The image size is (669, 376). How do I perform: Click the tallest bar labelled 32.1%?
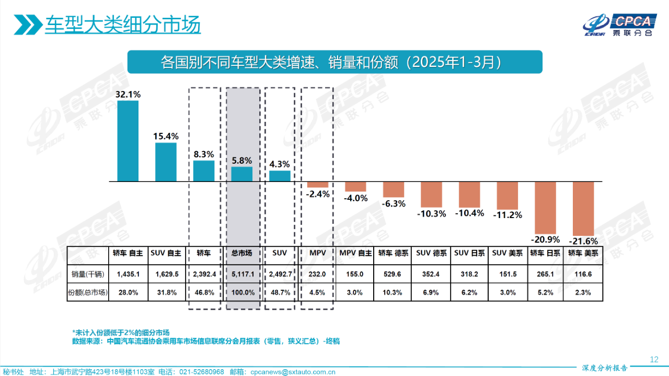[128, 141]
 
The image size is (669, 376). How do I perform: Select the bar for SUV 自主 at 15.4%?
[166, 162]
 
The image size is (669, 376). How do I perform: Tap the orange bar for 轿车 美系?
[584, 209]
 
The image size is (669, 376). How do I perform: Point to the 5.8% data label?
[242, 161]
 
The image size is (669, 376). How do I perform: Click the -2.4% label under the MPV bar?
[318, 194]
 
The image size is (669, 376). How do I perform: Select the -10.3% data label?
[431, 213]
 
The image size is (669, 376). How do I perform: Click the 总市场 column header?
[242, 253]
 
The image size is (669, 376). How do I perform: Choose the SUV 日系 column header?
[469, 253]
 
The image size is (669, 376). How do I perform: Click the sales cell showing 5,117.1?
[242, 274]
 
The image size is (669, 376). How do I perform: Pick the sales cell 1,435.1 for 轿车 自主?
[128, 274]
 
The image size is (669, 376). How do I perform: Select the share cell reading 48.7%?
[280, 292]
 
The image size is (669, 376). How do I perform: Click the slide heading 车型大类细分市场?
[122, 25]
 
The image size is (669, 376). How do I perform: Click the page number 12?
[653, 359]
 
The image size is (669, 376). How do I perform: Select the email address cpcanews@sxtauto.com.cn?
[293, 372]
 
